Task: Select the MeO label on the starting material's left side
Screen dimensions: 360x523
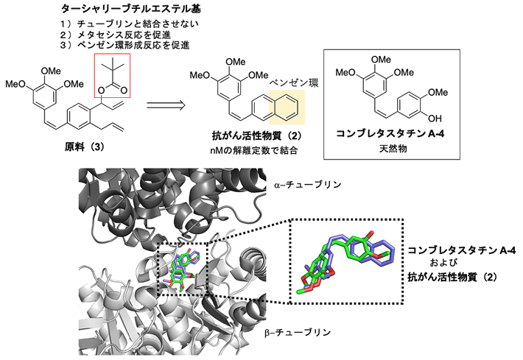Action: click(16, 82)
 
